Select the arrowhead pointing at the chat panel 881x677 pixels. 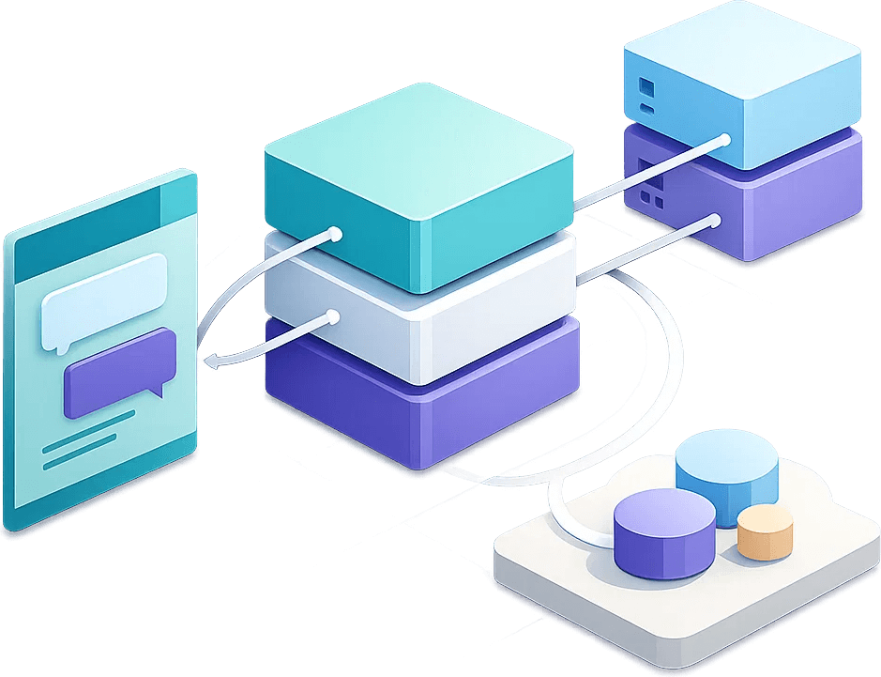click(x=212, y=358)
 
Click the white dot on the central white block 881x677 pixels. click(x=331, y=318)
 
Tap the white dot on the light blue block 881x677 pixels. click(x=724, y=141)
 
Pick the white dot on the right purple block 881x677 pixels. click(x=715, y=222)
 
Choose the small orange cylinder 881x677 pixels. click(x=765, y=532)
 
